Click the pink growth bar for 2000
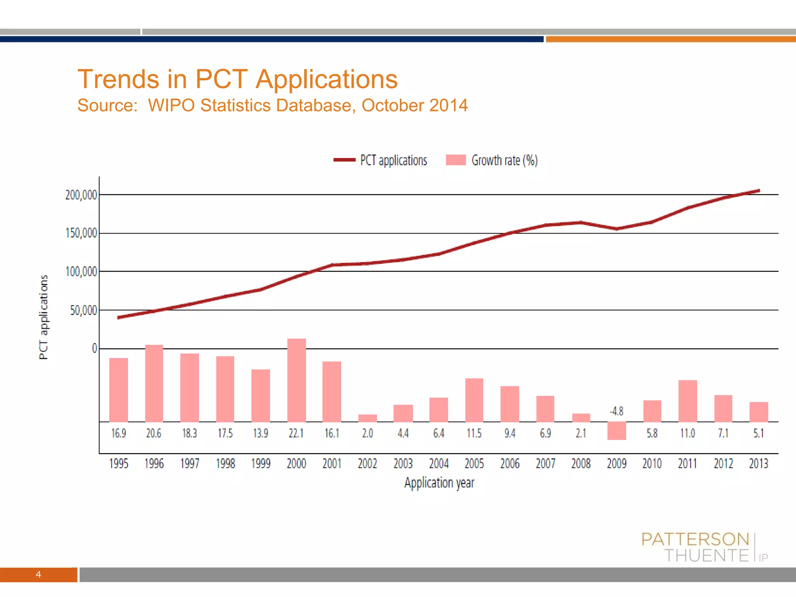297,380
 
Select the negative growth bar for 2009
616,431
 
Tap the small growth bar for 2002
367,418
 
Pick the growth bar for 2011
688,401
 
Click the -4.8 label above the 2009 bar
616,411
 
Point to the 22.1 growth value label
296,433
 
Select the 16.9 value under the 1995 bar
119,433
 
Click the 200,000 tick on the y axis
81,195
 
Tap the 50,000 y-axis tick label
83,310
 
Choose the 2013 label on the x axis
759,463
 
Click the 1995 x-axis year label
119,463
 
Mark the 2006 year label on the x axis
510,463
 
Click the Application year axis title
439,483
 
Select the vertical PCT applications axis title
44,317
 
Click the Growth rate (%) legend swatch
456,160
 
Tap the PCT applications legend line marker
344,160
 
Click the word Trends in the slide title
118,79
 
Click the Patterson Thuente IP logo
704,547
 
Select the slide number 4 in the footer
38,574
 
